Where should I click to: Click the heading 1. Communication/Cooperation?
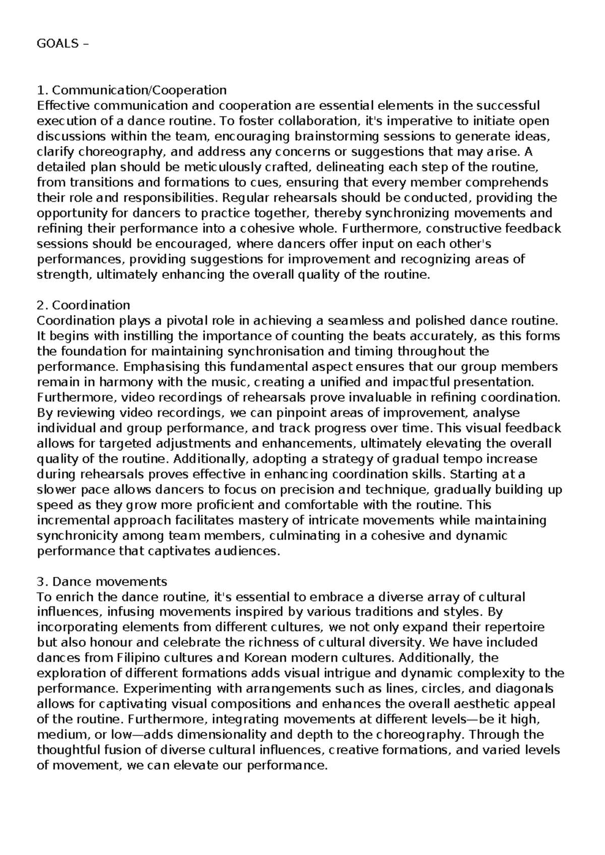click(132, 90)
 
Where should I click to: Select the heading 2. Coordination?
click(84, 305)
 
